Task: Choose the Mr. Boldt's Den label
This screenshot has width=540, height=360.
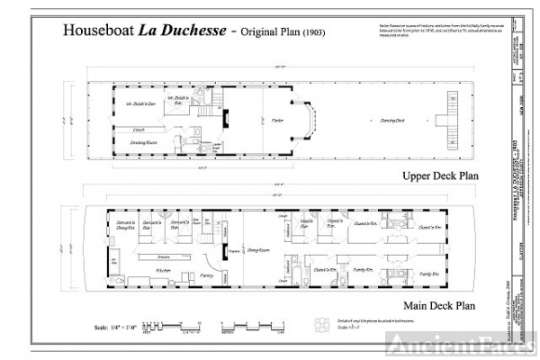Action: click(140, 105)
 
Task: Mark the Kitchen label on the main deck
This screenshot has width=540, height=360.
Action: click(164, 269)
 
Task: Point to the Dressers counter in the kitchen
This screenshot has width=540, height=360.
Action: click(164, 256)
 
